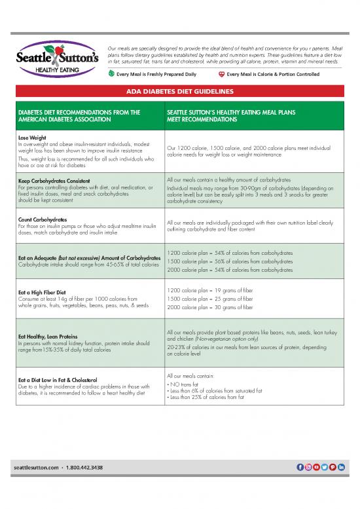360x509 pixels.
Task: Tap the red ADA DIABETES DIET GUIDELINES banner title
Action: point(179,92)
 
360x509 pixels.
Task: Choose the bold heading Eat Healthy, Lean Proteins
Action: point(49,337)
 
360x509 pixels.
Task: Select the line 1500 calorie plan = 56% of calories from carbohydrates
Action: point(230,261)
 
